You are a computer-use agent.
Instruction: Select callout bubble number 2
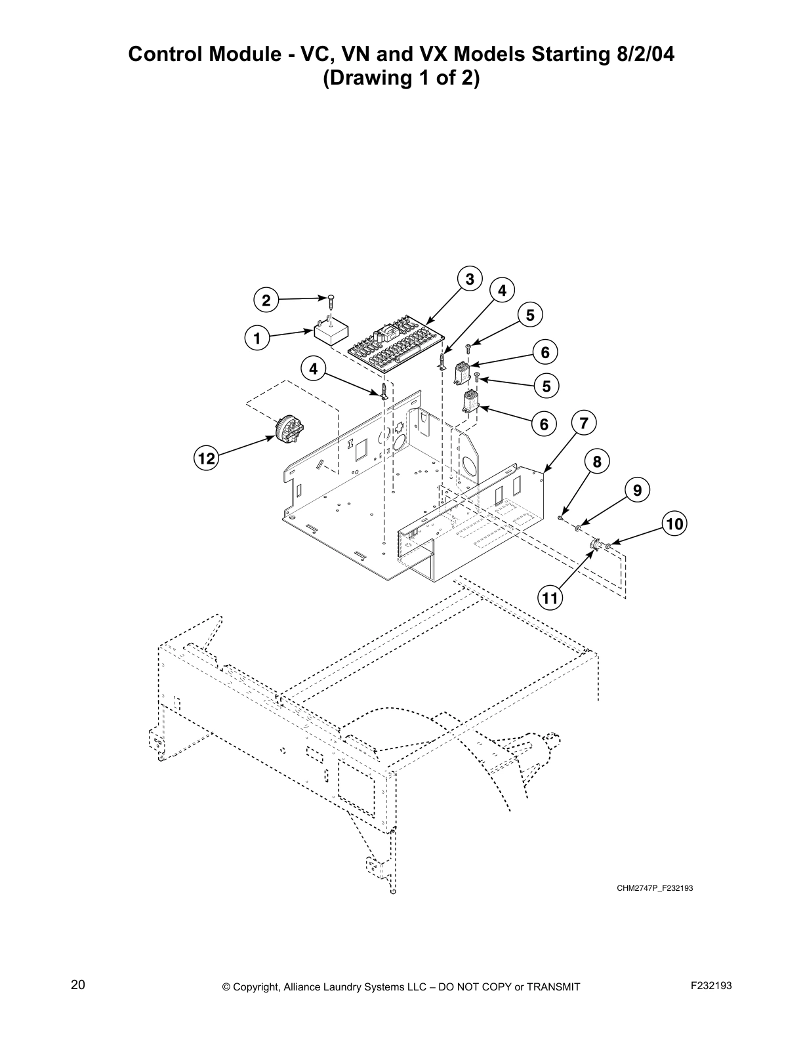[266, 301]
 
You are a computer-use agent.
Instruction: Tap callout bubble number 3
[470, 279]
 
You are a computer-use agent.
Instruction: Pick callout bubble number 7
[584, 423]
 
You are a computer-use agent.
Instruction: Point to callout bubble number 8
[597, 462]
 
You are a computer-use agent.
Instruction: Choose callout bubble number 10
[674, 524]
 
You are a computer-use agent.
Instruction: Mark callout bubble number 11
[550, 598]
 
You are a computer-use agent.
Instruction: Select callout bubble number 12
[207, 458]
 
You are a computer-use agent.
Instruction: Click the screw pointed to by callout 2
[332, 303]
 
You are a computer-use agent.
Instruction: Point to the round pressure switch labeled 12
[289, 431]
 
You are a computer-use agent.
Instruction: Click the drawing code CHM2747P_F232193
[654, 888]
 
